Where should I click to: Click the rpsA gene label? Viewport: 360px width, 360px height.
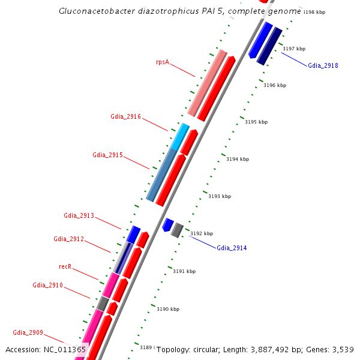[x=162, y=62]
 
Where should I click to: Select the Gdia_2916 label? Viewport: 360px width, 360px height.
[x=125, y=116]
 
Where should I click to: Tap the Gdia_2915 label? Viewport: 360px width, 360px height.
[x=107, y=155]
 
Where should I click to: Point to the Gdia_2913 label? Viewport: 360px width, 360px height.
[x=79, y=215]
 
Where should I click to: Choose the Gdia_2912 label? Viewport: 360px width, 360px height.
[x=68, y=239]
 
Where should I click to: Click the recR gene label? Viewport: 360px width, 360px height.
[x=65, y=266]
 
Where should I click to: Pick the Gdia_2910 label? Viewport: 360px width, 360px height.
[x=47, y=286]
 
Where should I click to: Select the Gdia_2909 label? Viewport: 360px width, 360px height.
[x=28, y=332]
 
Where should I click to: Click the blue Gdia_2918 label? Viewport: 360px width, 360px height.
[x=323, y=65]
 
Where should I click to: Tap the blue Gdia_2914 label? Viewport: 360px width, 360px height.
[x=232, y=248]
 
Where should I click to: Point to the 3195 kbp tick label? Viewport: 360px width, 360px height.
[x=256, y=122]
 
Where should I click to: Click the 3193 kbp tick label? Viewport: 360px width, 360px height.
[x=220, y=196]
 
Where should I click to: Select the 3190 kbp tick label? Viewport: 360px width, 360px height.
[x=168, y=309]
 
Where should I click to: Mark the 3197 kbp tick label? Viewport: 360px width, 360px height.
[x=294, y=49]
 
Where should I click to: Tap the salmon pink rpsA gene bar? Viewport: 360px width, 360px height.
[x=207, y=83]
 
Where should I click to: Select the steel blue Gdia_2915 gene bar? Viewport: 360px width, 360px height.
[x=161, y=175]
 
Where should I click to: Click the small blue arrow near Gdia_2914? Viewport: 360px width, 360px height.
[x=167, y=225]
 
